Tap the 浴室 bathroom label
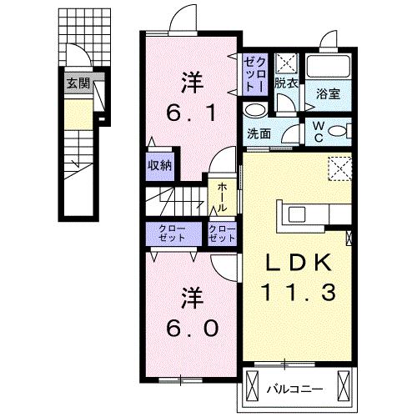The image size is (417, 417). (326, 95)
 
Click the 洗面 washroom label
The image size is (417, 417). (258, 133)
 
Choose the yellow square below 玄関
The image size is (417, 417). (76, 113)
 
